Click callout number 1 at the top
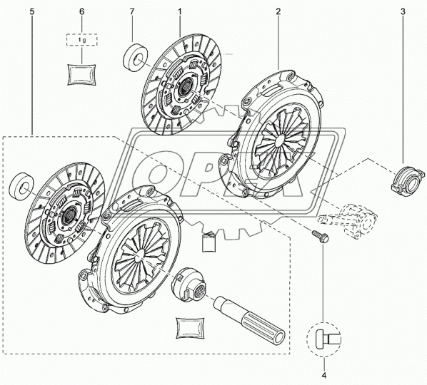click(x=179, y=12)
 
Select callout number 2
click(x=277, y=12)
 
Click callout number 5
click(x=31, y=12)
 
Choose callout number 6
click(x=81, y=12)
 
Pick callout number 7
click(x=133, y=12)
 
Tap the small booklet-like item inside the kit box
click(x=209, y=241)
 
